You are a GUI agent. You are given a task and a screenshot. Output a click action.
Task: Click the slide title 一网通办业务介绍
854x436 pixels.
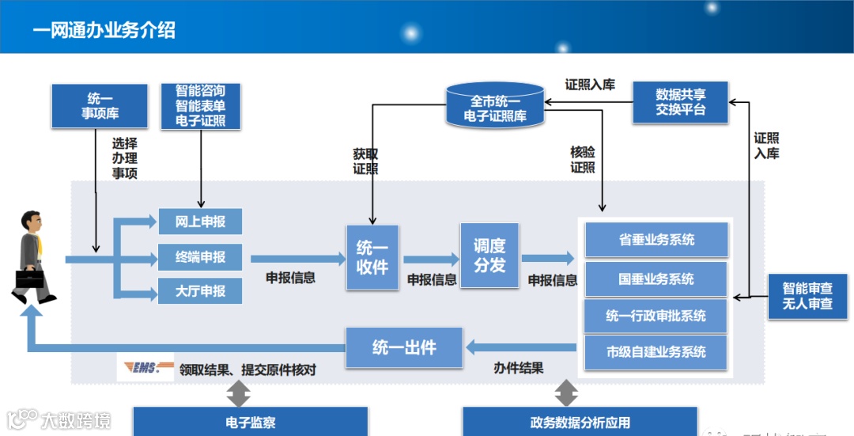104,30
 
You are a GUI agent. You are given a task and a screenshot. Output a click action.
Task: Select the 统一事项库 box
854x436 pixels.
100,106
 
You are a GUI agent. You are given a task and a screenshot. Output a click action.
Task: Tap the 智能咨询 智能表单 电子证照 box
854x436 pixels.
200,106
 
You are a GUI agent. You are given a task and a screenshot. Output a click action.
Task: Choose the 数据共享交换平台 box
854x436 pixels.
680,102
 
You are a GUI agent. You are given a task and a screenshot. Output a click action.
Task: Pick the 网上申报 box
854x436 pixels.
200,222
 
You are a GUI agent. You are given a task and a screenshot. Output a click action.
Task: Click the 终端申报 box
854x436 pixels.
200,257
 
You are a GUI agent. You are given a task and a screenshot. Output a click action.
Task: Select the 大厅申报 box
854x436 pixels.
200,291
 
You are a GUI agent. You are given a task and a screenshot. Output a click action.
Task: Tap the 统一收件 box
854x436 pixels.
372,257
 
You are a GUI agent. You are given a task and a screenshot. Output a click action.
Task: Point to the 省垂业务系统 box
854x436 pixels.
656,240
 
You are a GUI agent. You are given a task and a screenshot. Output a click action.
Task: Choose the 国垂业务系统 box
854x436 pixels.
656,279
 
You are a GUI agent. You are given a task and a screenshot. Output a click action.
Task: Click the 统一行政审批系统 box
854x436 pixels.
656,316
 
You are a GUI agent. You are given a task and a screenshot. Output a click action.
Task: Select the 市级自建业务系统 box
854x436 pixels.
656,352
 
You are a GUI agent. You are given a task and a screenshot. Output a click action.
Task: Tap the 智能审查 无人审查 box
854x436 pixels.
807,296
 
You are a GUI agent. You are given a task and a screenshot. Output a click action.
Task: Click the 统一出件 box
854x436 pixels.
403,347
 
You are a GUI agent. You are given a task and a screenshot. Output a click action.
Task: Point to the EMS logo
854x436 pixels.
145,368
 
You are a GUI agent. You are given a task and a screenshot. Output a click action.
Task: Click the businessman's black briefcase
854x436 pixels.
30,279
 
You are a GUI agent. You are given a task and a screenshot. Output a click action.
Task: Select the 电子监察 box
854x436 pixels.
250,423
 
